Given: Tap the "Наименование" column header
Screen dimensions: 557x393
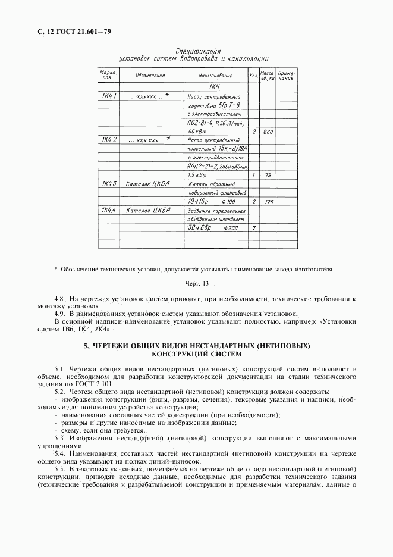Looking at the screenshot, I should coord(215,76).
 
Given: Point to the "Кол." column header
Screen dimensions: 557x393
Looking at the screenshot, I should coord(254,76).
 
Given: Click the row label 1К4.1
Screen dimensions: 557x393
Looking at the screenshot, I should coord(109,96).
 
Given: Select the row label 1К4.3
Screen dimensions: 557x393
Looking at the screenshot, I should coord(109,184).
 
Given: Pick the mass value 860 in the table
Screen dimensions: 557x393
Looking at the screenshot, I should coord(268,132).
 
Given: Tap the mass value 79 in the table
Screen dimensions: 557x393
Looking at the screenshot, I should coord(268,176).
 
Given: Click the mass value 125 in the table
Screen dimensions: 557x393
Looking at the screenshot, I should coord(268,202).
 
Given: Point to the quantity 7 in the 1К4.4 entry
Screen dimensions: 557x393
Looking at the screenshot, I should coord(254,228).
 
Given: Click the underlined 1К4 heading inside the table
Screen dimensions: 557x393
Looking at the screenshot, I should coord(215,87).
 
